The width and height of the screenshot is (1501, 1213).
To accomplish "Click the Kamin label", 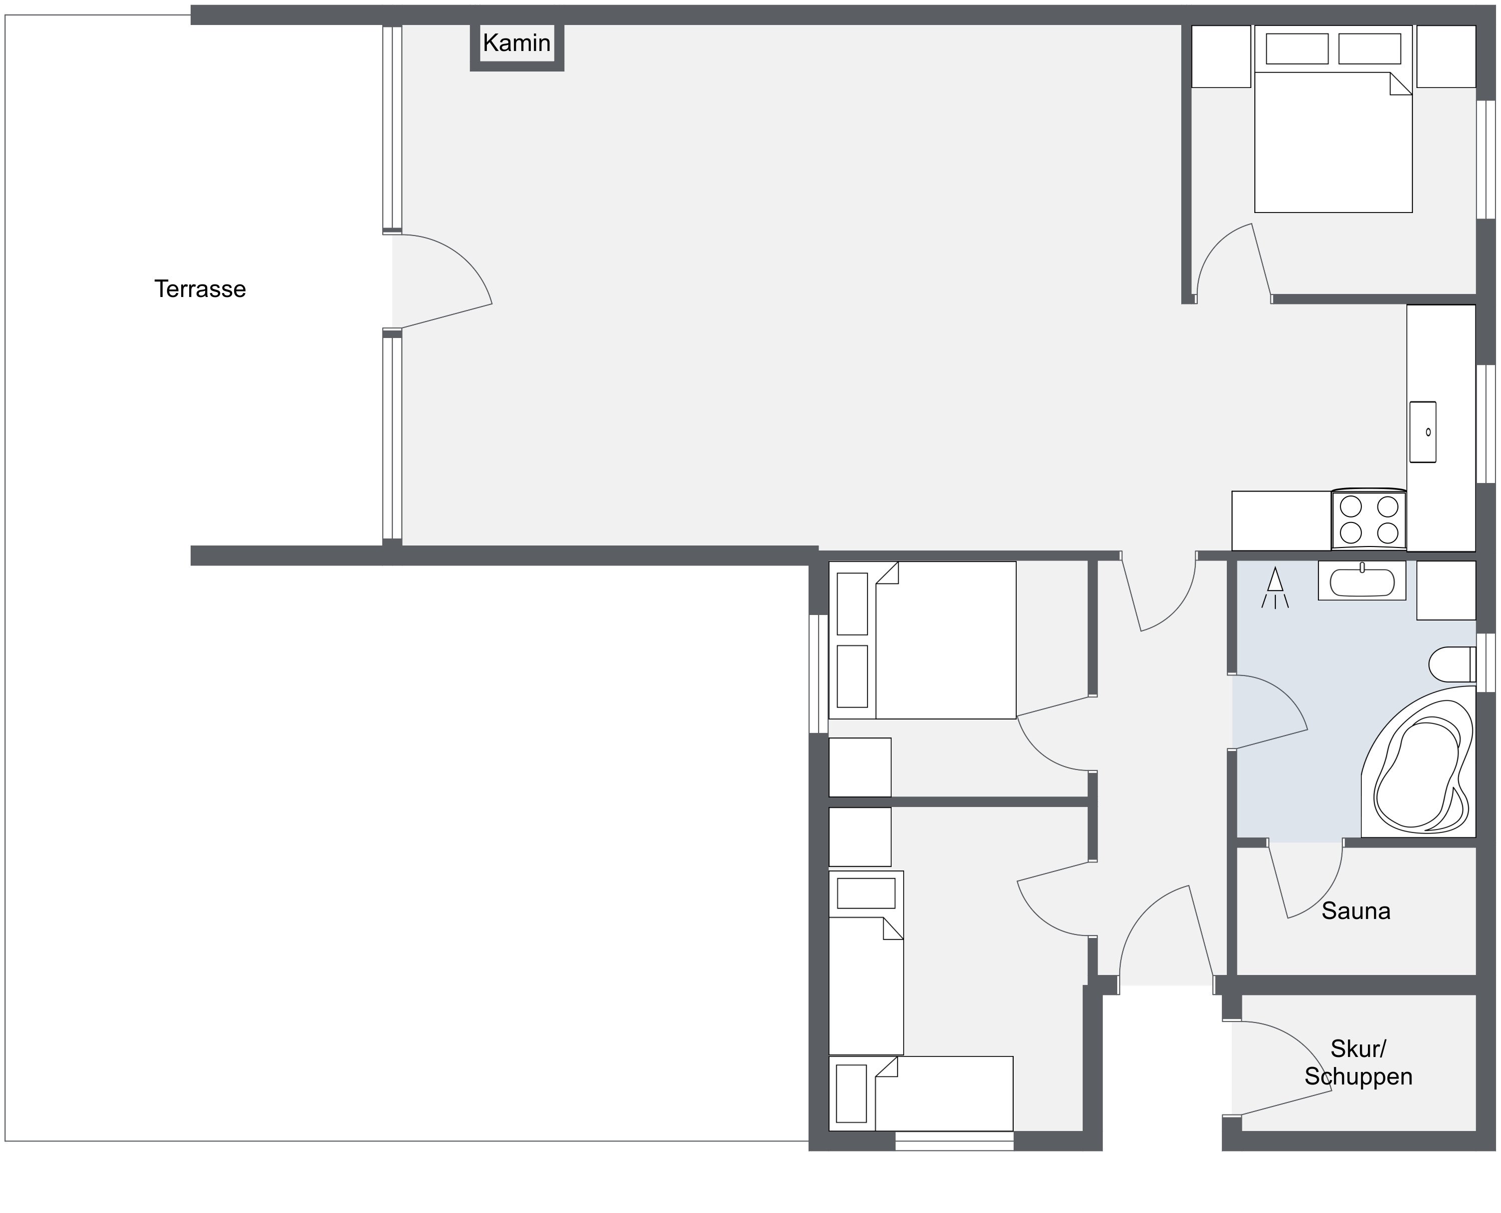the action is point(517,43).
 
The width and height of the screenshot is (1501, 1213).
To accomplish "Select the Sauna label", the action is point(1355,911).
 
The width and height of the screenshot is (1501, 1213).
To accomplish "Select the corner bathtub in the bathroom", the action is point(1418,761).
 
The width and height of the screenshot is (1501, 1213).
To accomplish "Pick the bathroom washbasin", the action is point(1362,580).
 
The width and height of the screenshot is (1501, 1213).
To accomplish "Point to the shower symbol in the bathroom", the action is point(1275,587).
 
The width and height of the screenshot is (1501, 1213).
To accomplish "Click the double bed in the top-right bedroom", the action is point(1333,119).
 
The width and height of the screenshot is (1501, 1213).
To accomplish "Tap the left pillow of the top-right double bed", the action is point(1297,49).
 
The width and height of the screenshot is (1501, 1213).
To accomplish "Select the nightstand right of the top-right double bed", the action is point(1446,56).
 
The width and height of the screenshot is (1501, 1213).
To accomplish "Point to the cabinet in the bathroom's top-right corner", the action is point(1446,590).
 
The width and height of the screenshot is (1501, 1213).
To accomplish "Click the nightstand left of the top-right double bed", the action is point(1221,56).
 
